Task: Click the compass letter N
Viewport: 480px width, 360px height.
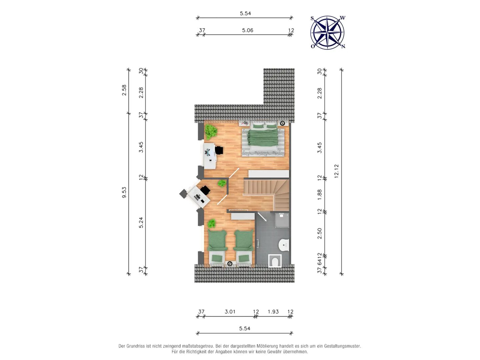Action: [343, 46]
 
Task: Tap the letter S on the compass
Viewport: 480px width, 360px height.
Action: [312, 18]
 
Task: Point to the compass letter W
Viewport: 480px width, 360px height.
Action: [343, 18]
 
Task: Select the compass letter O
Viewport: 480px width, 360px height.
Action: [312, 46]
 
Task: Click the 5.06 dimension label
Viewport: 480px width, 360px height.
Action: [247, 30]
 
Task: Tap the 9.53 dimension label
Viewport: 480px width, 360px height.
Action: [124, 192]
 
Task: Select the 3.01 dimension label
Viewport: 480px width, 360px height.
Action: [230, 311]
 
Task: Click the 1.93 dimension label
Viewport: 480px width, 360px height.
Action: [273, 311]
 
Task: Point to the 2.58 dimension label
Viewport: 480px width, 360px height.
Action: [124, 90]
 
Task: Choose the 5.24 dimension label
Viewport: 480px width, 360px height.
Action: [141, 223]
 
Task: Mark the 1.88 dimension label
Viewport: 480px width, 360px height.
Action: [319, 194]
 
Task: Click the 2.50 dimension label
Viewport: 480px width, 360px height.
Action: [319, 233]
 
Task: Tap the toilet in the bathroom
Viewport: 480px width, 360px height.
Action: [275, 261]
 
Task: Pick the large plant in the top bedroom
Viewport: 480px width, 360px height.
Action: [211, 132]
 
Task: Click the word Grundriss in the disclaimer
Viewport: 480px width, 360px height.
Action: [137, 346]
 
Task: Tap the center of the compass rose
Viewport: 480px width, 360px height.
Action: [327, 32]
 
